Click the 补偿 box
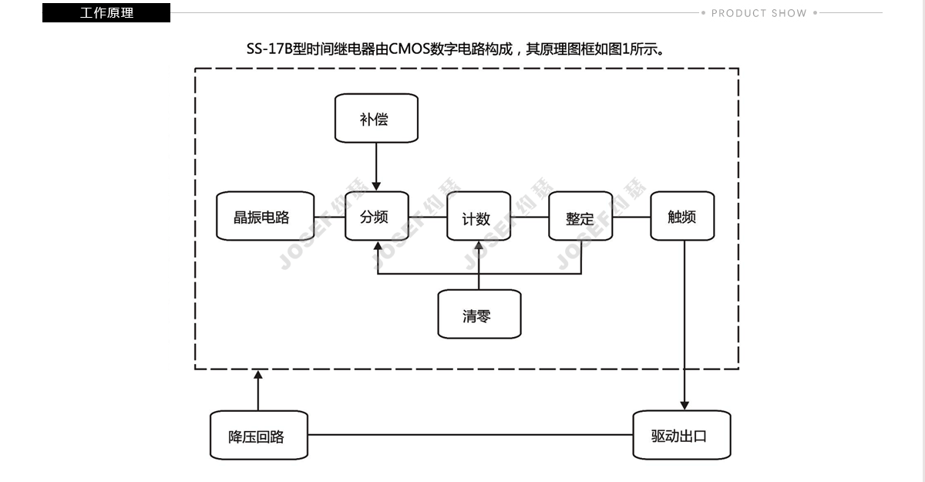tap(376, 119)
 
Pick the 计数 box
tap(478, 217)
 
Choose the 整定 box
tap(580, 217)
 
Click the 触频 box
tap(682, 217)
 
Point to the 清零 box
tap(479, 315)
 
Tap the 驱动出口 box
tap(681, 435)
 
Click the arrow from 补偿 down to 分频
tap(376, 167)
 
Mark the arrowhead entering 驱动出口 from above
tap(684, 405)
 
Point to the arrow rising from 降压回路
tap(258, 390)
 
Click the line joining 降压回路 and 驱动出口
tap(470, 435)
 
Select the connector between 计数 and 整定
tap(529, 217)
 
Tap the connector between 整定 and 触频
tap(631, 217)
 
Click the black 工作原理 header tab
tap(106, 13)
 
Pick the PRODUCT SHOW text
tap(758, 13)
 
